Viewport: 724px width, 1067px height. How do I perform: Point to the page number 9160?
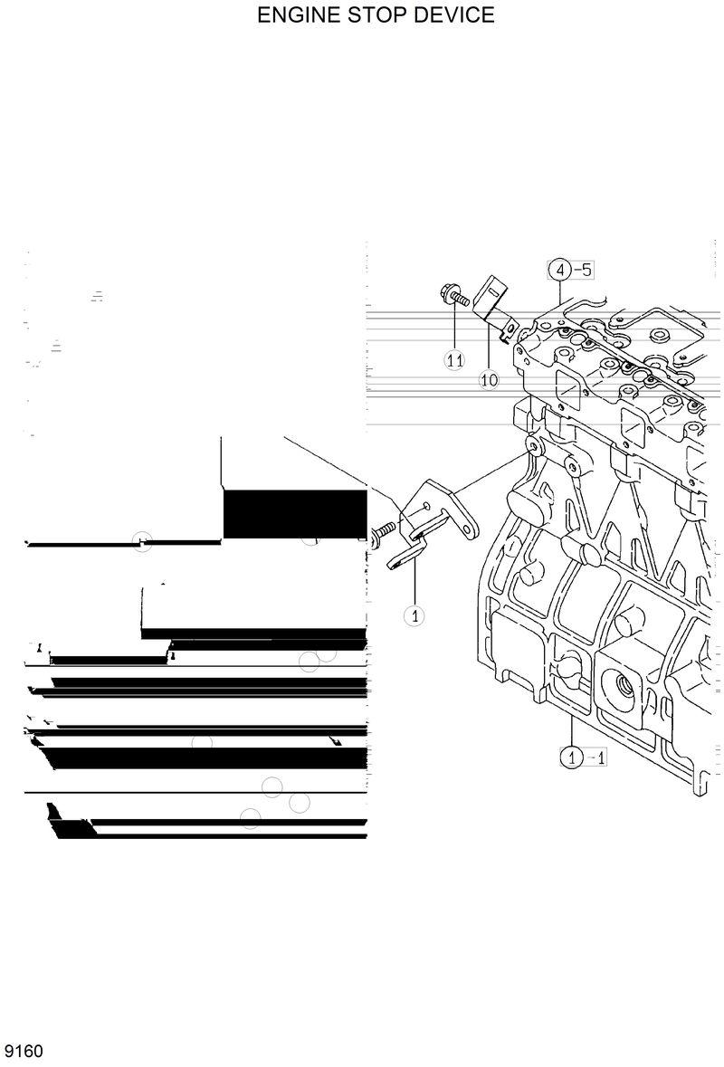[x=24, y=1052]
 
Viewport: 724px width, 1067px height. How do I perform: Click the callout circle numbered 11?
[x=454, y=360]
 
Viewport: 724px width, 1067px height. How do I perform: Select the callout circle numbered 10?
[x=489, y=380]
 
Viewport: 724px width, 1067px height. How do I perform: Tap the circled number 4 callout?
[x=559, y=270]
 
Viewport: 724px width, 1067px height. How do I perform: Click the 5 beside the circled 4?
[x=586, y=270]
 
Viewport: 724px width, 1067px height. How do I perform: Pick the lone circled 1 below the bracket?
[x=414, y=616]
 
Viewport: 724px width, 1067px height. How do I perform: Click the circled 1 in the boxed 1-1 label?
[x=571, y=757]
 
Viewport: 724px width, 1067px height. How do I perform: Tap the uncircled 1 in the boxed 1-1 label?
[x=600, y=757]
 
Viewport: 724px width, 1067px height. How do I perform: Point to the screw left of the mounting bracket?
[x=383, y=532]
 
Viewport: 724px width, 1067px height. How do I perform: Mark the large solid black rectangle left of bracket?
[x=294, y=514]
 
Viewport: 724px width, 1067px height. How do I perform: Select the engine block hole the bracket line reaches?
[x=532, y=447]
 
